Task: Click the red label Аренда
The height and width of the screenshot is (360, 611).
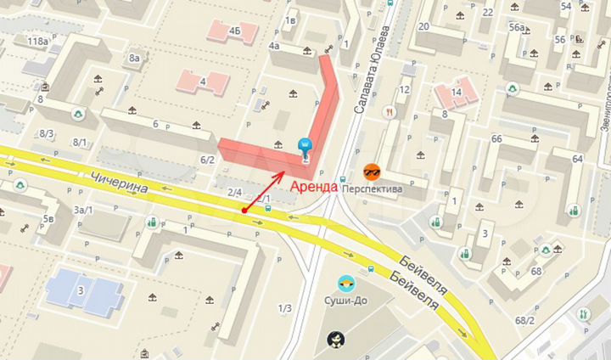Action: tap(314, 186)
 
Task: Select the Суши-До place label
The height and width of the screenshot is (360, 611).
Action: tap(347, 301)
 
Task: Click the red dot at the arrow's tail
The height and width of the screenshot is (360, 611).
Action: tap(244, 210)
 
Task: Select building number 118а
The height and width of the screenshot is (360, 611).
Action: tap(37, 41)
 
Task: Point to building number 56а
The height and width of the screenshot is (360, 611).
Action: tap(516, 28)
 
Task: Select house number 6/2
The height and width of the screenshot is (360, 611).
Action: tap(207, 159)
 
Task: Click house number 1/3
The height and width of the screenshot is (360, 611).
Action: tap(285, 307)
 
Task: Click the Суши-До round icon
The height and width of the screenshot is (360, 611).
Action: tap(346, 283)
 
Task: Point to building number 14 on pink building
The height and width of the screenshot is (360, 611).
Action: tap(457, 93)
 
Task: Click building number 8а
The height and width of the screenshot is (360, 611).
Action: tap(134, 58)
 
